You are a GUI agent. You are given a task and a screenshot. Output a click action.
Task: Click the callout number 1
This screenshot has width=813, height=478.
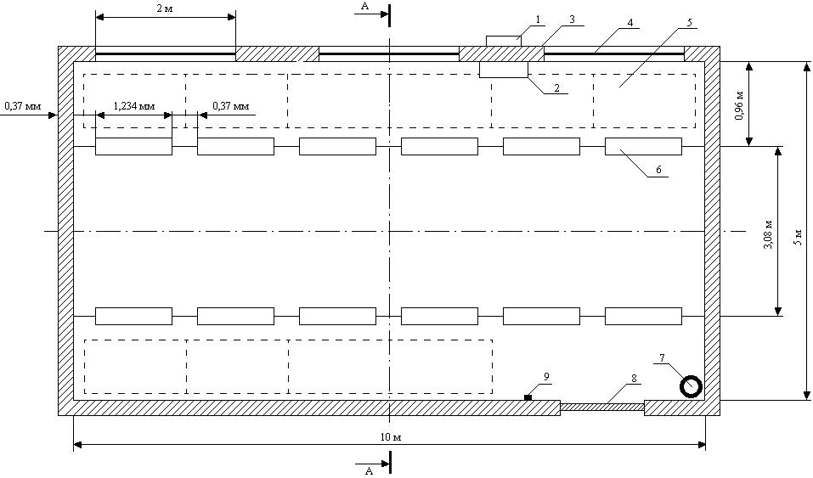(x=538, y=19)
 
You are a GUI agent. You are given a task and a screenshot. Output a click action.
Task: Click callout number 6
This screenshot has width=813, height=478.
(x=658, y=171)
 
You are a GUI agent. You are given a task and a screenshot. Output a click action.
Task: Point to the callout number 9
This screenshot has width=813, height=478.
(x=547, y=376)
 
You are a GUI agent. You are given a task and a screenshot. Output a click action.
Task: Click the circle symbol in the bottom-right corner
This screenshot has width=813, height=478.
(x=691, y=386)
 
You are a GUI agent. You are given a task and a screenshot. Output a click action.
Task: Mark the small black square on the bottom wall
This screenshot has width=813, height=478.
(x=528, y=397)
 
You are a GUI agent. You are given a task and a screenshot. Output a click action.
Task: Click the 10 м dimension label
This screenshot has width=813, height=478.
(x=390, y=436)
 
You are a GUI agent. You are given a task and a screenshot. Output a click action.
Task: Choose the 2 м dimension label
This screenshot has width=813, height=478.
(x=165, y=8)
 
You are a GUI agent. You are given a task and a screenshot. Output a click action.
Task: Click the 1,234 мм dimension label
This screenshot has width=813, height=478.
(x=134, y=107)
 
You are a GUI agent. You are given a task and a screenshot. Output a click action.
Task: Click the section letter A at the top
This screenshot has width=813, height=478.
(x=365, y=6)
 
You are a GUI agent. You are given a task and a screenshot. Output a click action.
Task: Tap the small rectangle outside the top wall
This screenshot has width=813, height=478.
(x=503, y=41)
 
